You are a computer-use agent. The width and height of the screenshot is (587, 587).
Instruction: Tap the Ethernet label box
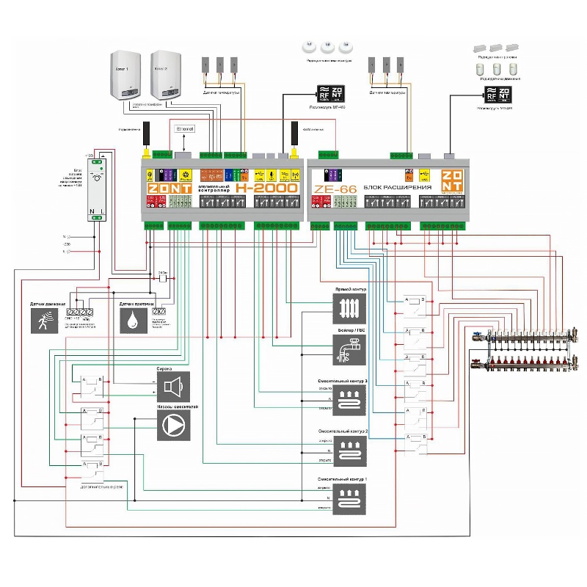(x=185, y=129)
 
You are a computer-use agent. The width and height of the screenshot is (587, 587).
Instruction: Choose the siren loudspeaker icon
(x=173, y=386)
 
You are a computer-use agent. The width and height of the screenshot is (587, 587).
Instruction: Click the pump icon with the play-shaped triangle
(x=173, y=424)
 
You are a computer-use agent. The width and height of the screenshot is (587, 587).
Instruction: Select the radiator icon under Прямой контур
(x=349, y=310)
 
